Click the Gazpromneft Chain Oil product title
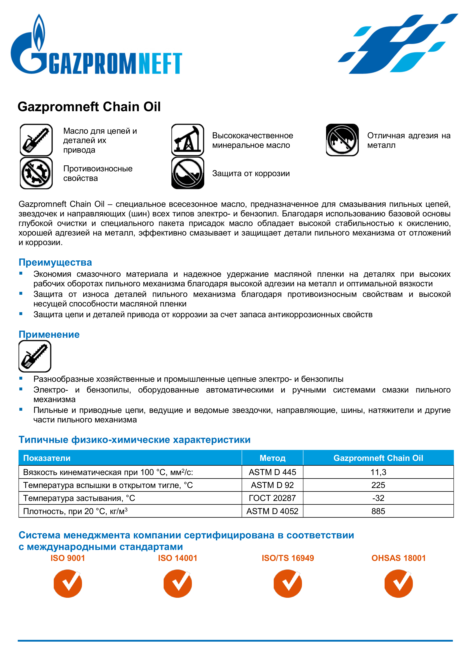tap(89, 107)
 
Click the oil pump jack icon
tap(188, 140)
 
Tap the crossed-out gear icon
tap(36, 173)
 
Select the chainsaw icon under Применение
tap(35, 356)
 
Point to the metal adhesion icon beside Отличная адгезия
tap(342, 140)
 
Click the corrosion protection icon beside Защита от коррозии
tap(188, 173)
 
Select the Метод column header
tap(272, 458)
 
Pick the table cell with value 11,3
tap(378, 472)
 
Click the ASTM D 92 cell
tap(272, 485)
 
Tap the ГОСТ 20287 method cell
tap(272, 498)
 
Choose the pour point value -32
tap(378, 498)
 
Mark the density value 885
tap(378, 511)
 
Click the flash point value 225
tap(378, 485)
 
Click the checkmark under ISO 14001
tap(178, 584)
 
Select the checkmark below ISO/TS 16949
tap(288, 584)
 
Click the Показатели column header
tap(47, 458)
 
